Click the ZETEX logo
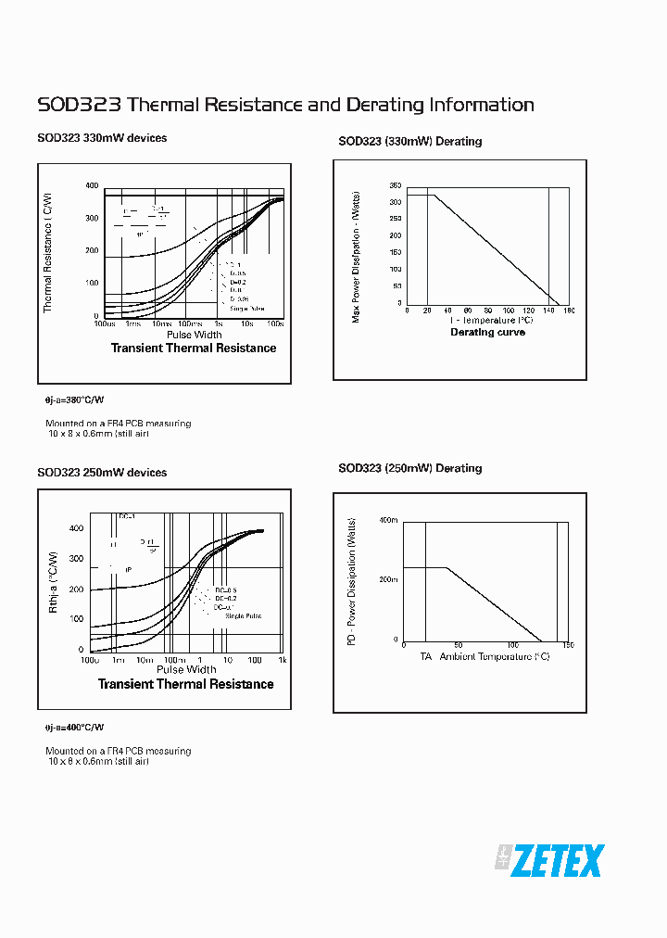coord(548,861)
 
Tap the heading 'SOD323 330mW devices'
coord(102,138)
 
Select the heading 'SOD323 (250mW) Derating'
coord(410,469)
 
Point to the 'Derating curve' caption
coord(487,333)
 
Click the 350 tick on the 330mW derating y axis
coord(396,185)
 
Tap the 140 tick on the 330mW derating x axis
coord(548,311)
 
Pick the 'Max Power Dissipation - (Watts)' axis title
coord(357,256)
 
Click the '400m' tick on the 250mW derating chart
coord(388,522)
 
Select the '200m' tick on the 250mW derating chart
coord(388,579)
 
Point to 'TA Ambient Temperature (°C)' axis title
coord(485,657)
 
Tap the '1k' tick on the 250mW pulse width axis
coord(283,660)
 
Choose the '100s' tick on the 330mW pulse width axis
coord(275,324)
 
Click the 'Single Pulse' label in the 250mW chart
coord(243,615)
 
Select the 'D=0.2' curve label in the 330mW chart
coord(237,282)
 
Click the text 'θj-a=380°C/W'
coord(75,400)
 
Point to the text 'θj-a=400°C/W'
coord(75,728)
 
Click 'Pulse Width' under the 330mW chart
coord(194,335)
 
